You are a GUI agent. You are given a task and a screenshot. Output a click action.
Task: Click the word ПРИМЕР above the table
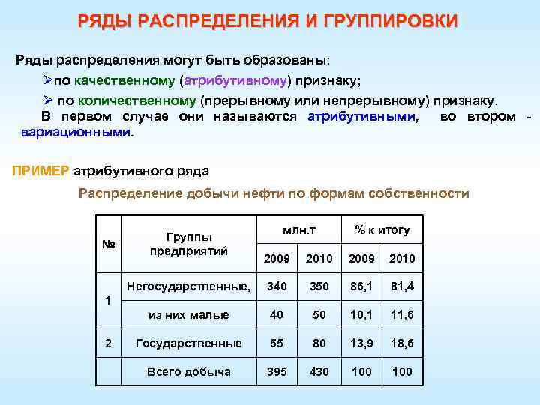tap(41, 170)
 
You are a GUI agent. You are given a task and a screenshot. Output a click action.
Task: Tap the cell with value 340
tap(277, 286)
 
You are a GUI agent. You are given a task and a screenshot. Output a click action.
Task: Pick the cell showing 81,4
tap(402, 286)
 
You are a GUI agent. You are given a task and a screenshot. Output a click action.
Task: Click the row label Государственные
tap(188, 343)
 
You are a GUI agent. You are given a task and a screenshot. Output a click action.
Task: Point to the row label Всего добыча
tap(188, 372)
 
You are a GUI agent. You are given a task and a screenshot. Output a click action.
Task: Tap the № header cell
tap(108, 244)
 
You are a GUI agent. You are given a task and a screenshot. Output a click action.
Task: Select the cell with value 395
tap(277, 372)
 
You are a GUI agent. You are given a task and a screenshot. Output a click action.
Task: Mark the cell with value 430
tap(319, 372)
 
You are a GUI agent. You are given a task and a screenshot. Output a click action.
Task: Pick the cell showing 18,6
tap(402, 343)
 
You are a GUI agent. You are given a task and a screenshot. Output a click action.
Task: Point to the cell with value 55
tap(277, 343)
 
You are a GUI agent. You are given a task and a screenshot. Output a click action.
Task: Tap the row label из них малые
tap(188, 315)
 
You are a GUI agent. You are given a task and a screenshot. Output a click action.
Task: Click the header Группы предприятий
tap(188, 244)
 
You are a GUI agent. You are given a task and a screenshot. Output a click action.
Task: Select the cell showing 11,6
tap(402, 315)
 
